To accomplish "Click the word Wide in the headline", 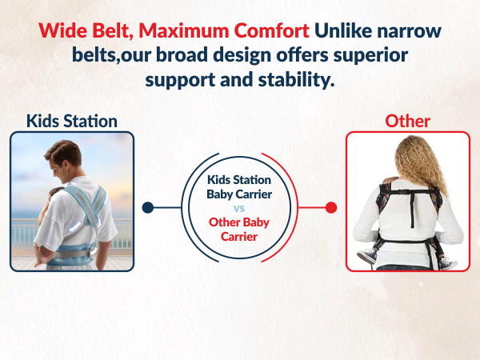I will [x=62, y=32].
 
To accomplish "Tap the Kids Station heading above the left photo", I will [x=72, y=122].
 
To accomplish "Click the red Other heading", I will [x=407, y=122].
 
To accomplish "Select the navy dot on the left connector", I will [x=147, y=208].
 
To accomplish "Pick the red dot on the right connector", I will [x=331, y=208].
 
